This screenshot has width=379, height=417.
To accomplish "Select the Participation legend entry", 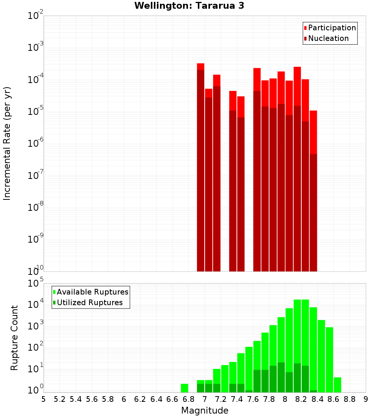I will [330, 28].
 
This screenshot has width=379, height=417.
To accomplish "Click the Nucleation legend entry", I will [326, 38].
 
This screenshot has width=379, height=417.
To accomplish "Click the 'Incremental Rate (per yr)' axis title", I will [7, 143].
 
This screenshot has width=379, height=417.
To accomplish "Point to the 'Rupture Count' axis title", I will [14, 338].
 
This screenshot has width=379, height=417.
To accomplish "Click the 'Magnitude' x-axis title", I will [205, 411].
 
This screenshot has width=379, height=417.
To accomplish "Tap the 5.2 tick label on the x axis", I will [60, 399].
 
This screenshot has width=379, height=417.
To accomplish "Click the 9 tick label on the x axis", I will [366, 399].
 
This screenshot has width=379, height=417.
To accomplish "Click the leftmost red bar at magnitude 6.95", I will [200, 167].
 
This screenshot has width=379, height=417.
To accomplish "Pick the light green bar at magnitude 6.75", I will [185, 388].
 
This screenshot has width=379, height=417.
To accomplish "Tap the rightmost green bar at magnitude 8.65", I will [337, 385].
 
